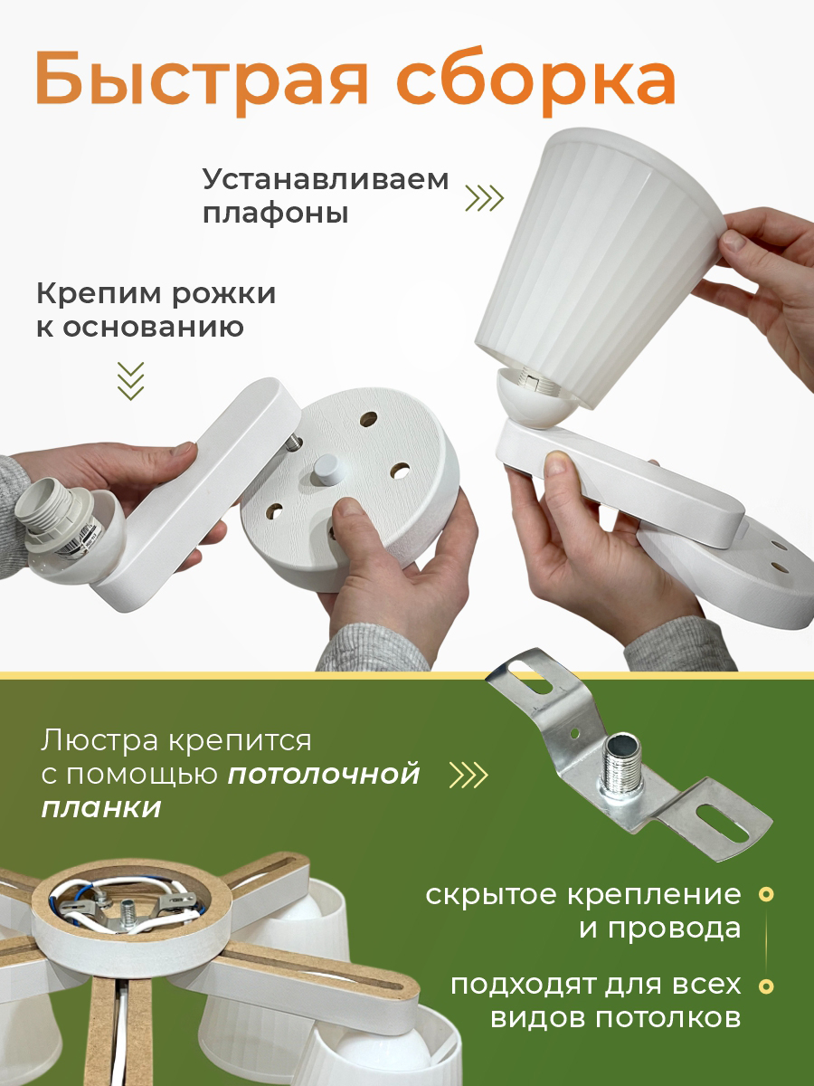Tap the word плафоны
pyautogui.click(x=276, y=214)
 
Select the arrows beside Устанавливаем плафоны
pyautogui.click(x=485, y=198)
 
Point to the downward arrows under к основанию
pyautogui.click(x=131, y=380)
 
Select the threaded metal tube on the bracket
pyautogui.click(x=623, y=771)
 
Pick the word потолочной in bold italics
pyautogui.click(x=324, y=774)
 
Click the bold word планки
pyautogui.click(x=101, y=808)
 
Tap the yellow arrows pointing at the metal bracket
pyautogui.click(x=468, y=775)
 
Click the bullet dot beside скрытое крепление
pyautogui.click(x=767, y=894)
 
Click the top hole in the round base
pyautogui.click(x=368, y=419)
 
